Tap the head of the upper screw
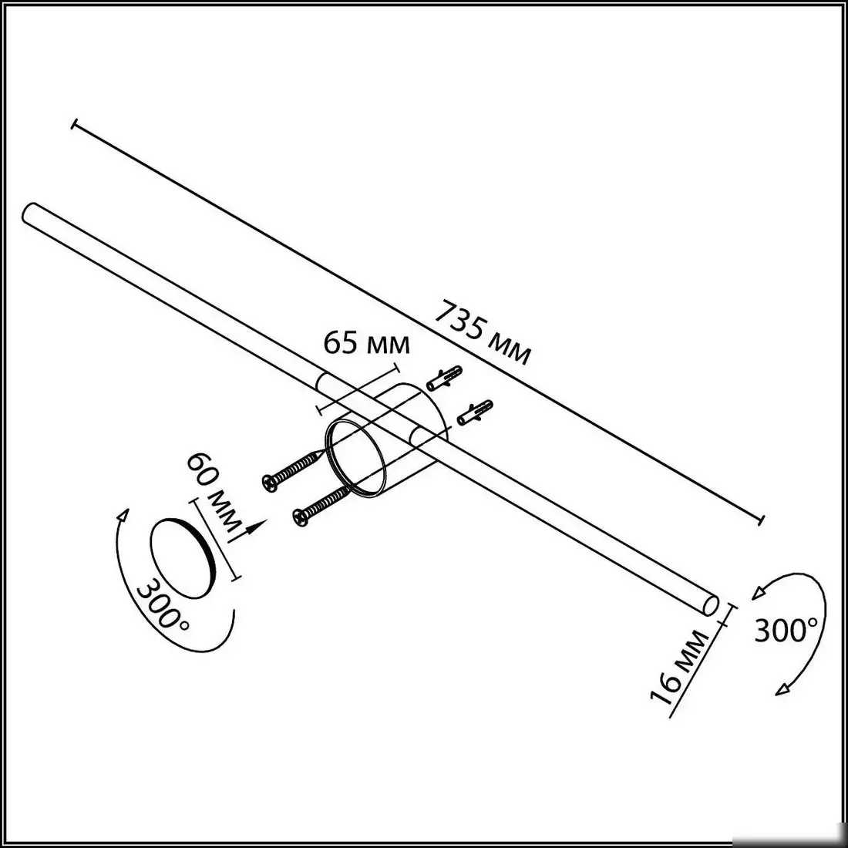(x=270, y=481)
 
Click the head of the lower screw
(x=301, y=517)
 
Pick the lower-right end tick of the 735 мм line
(x=761, y=520)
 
